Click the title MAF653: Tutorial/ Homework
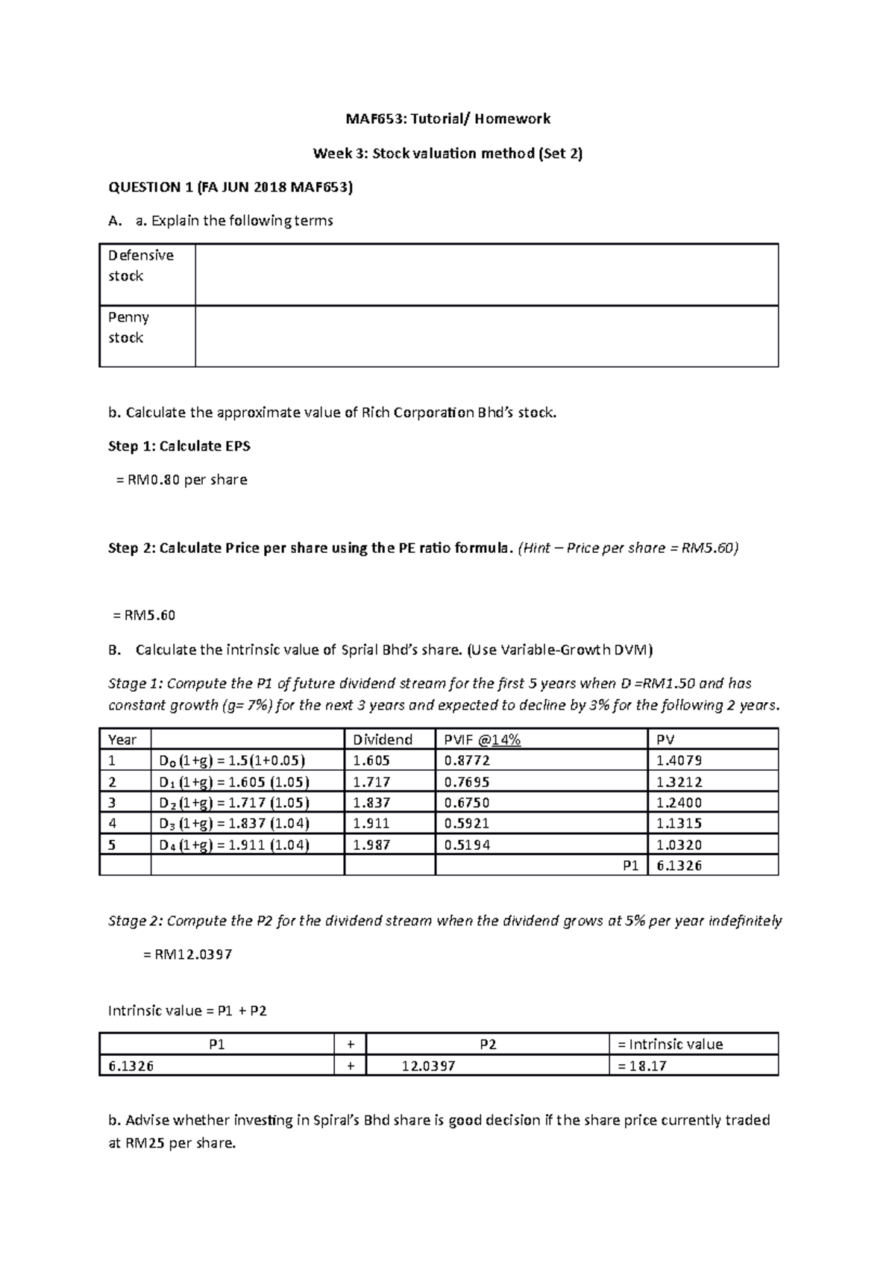coord(447,119)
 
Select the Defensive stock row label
coord(141,266)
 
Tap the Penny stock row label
coord(128,328)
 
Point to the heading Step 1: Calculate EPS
coord(179,446)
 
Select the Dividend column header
coord(382,739)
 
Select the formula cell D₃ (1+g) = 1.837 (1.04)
coord(234,823)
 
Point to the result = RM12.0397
coord(187,954)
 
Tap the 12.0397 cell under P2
coord(428,1066)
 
